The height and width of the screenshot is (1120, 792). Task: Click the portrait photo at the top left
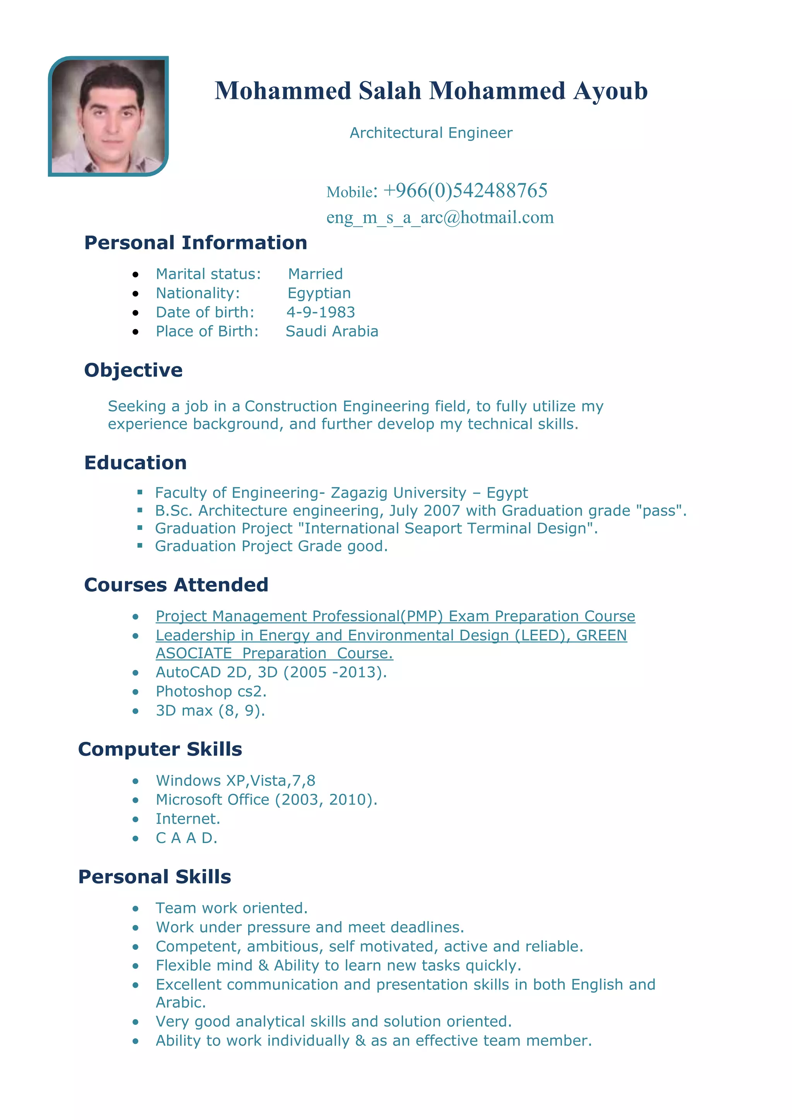(108, 116)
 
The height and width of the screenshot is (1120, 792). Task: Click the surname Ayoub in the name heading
(610, 91)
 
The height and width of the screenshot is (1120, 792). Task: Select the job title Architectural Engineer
(431, 133)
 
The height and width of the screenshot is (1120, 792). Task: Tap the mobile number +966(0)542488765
(465, 190)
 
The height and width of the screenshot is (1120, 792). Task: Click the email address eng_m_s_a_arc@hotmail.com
(440, 217)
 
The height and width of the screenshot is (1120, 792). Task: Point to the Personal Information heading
(196, 243)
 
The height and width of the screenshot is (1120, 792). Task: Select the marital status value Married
(315, 274)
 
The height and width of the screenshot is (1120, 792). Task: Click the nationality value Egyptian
(319, 293)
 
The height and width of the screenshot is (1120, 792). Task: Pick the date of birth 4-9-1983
(321, 312)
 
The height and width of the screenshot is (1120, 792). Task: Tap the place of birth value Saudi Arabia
(332, 331)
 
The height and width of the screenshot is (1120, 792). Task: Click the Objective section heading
(133, 370)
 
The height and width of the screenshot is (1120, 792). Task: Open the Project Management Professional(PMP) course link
(395, 616)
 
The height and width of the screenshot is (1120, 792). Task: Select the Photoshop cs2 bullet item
(211, 691)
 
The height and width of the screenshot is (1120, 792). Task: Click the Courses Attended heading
(176, 585)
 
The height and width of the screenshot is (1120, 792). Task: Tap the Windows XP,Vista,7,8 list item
(236, 780)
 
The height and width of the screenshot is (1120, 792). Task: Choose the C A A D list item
(186, 838)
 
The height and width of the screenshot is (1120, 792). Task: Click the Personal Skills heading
(155, 877)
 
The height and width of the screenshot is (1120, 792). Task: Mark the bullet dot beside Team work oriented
(136, 908)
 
